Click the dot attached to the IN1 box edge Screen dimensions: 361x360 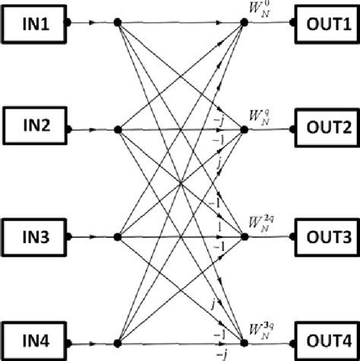(68, 24)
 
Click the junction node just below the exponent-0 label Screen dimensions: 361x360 (245, 24)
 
